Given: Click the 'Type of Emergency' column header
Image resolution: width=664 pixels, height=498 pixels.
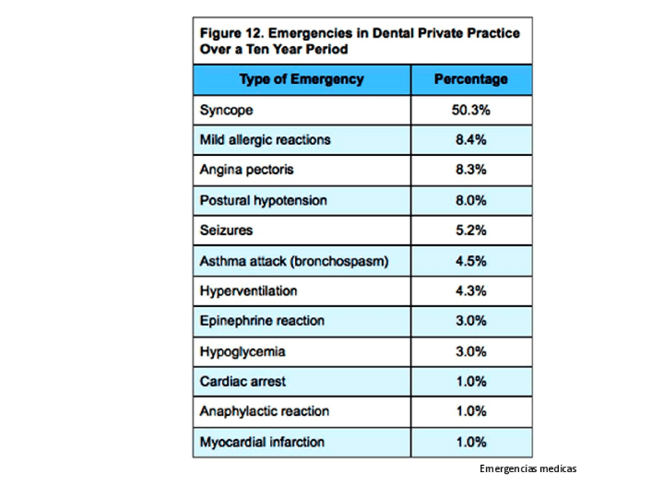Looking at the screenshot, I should tap(301, 79).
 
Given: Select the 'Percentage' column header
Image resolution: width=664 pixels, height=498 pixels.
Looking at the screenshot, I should tap(471, 79).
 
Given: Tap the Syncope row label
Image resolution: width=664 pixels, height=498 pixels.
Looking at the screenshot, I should tap(226, 110).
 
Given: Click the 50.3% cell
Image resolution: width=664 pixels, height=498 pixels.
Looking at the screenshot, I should tap(471, 110).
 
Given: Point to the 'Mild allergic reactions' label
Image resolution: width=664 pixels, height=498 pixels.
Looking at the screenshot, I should tap(265, 140).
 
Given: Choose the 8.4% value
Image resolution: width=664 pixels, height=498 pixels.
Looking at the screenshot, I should tap(471, 140).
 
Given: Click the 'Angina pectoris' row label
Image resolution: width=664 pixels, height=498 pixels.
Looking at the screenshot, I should tap(247, 170).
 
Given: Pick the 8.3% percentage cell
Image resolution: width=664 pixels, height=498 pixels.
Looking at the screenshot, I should tap(471, 170).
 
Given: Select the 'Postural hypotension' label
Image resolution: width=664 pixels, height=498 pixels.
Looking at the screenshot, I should tap(263, 200).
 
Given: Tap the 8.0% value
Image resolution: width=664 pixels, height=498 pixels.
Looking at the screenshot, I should tap(471, 200).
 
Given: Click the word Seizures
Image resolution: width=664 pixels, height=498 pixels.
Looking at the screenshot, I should tap(226, 230).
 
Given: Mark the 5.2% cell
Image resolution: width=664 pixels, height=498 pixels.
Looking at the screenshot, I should tap(471, 230).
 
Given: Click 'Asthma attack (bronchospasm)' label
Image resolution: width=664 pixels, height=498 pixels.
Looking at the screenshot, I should tap(294, 261).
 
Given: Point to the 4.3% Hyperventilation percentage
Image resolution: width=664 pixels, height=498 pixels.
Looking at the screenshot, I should tap(471, 290).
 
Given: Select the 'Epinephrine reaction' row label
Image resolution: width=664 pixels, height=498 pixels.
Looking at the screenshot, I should tap(262, 321).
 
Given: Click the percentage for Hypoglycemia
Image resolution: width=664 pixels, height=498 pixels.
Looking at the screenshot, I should tap(471, 352).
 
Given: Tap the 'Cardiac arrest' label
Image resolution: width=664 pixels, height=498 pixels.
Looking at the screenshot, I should tap(243, 381).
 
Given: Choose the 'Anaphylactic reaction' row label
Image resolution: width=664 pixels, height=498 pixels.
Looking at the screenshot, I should tap(264, 411).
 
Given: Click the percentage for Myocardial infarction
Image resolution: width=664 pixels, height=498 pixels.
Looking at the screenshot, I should tap(471, 442).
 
